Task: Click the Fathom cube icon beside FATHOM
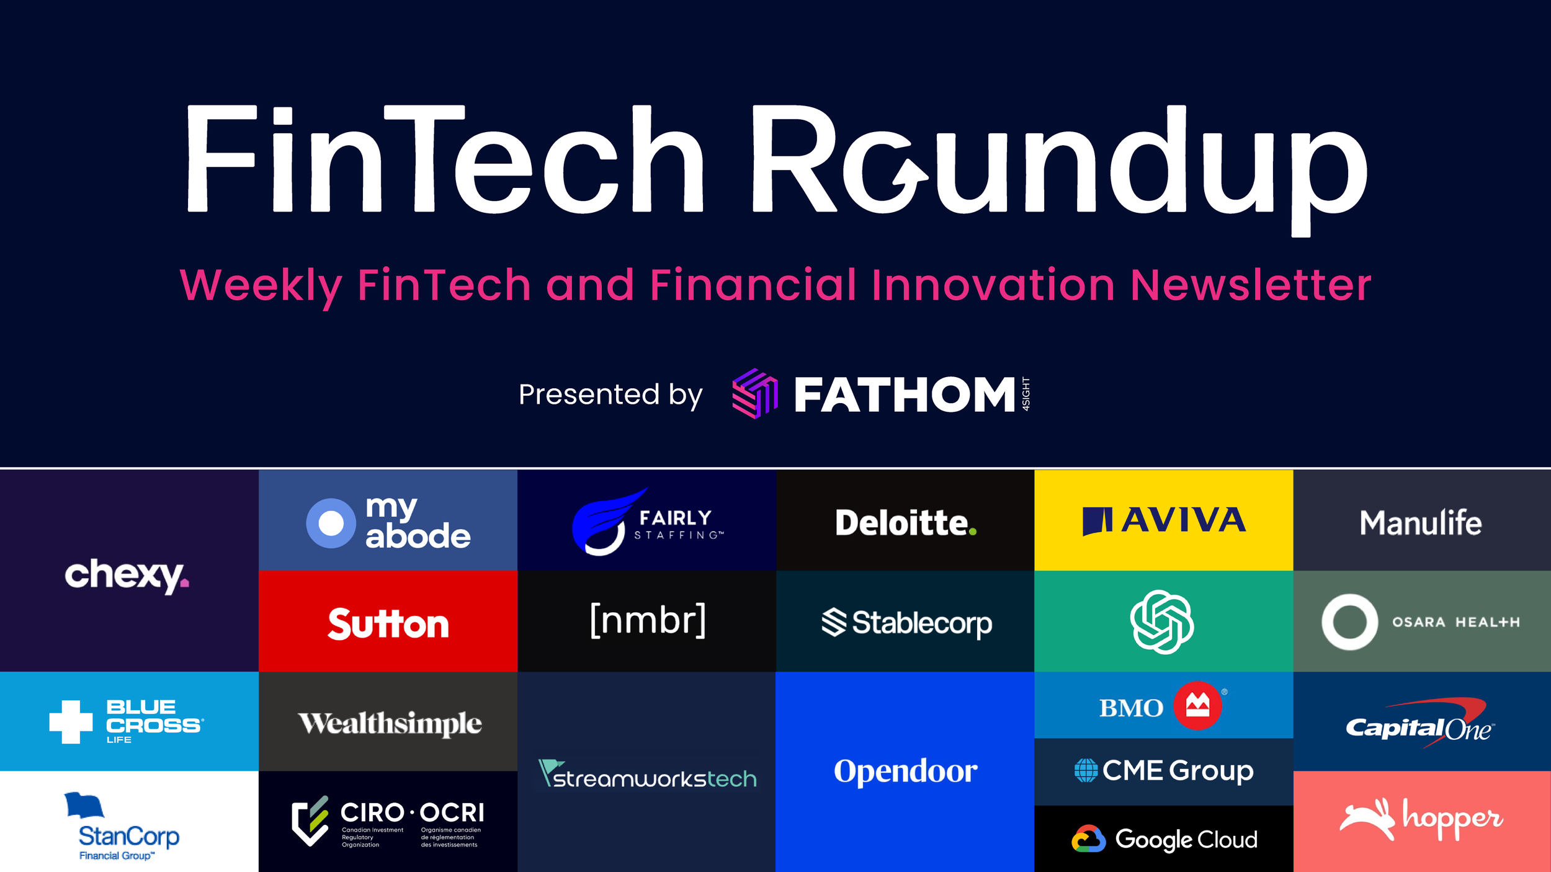754,393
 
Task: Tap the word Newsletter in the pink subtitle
1250,285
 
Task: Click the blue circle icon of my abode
331,523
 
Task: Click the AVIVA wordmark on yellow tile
1183,520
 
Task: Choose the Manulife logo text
1421,522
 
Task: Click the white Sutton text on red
388,623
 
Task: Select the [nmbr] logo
648,620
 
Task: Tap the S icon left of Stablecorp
834,622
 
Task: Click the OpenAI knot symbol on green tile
1162,621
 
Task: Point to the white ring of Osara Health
1349,621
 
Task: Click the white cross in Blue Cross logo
71,721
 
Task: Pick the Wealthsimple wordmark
390,723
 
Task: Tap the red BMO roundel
1197,705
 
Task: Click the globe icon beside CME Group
1086,770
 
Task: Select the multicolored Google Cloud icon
1088,839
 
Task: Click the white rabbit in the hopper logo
1367,819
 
